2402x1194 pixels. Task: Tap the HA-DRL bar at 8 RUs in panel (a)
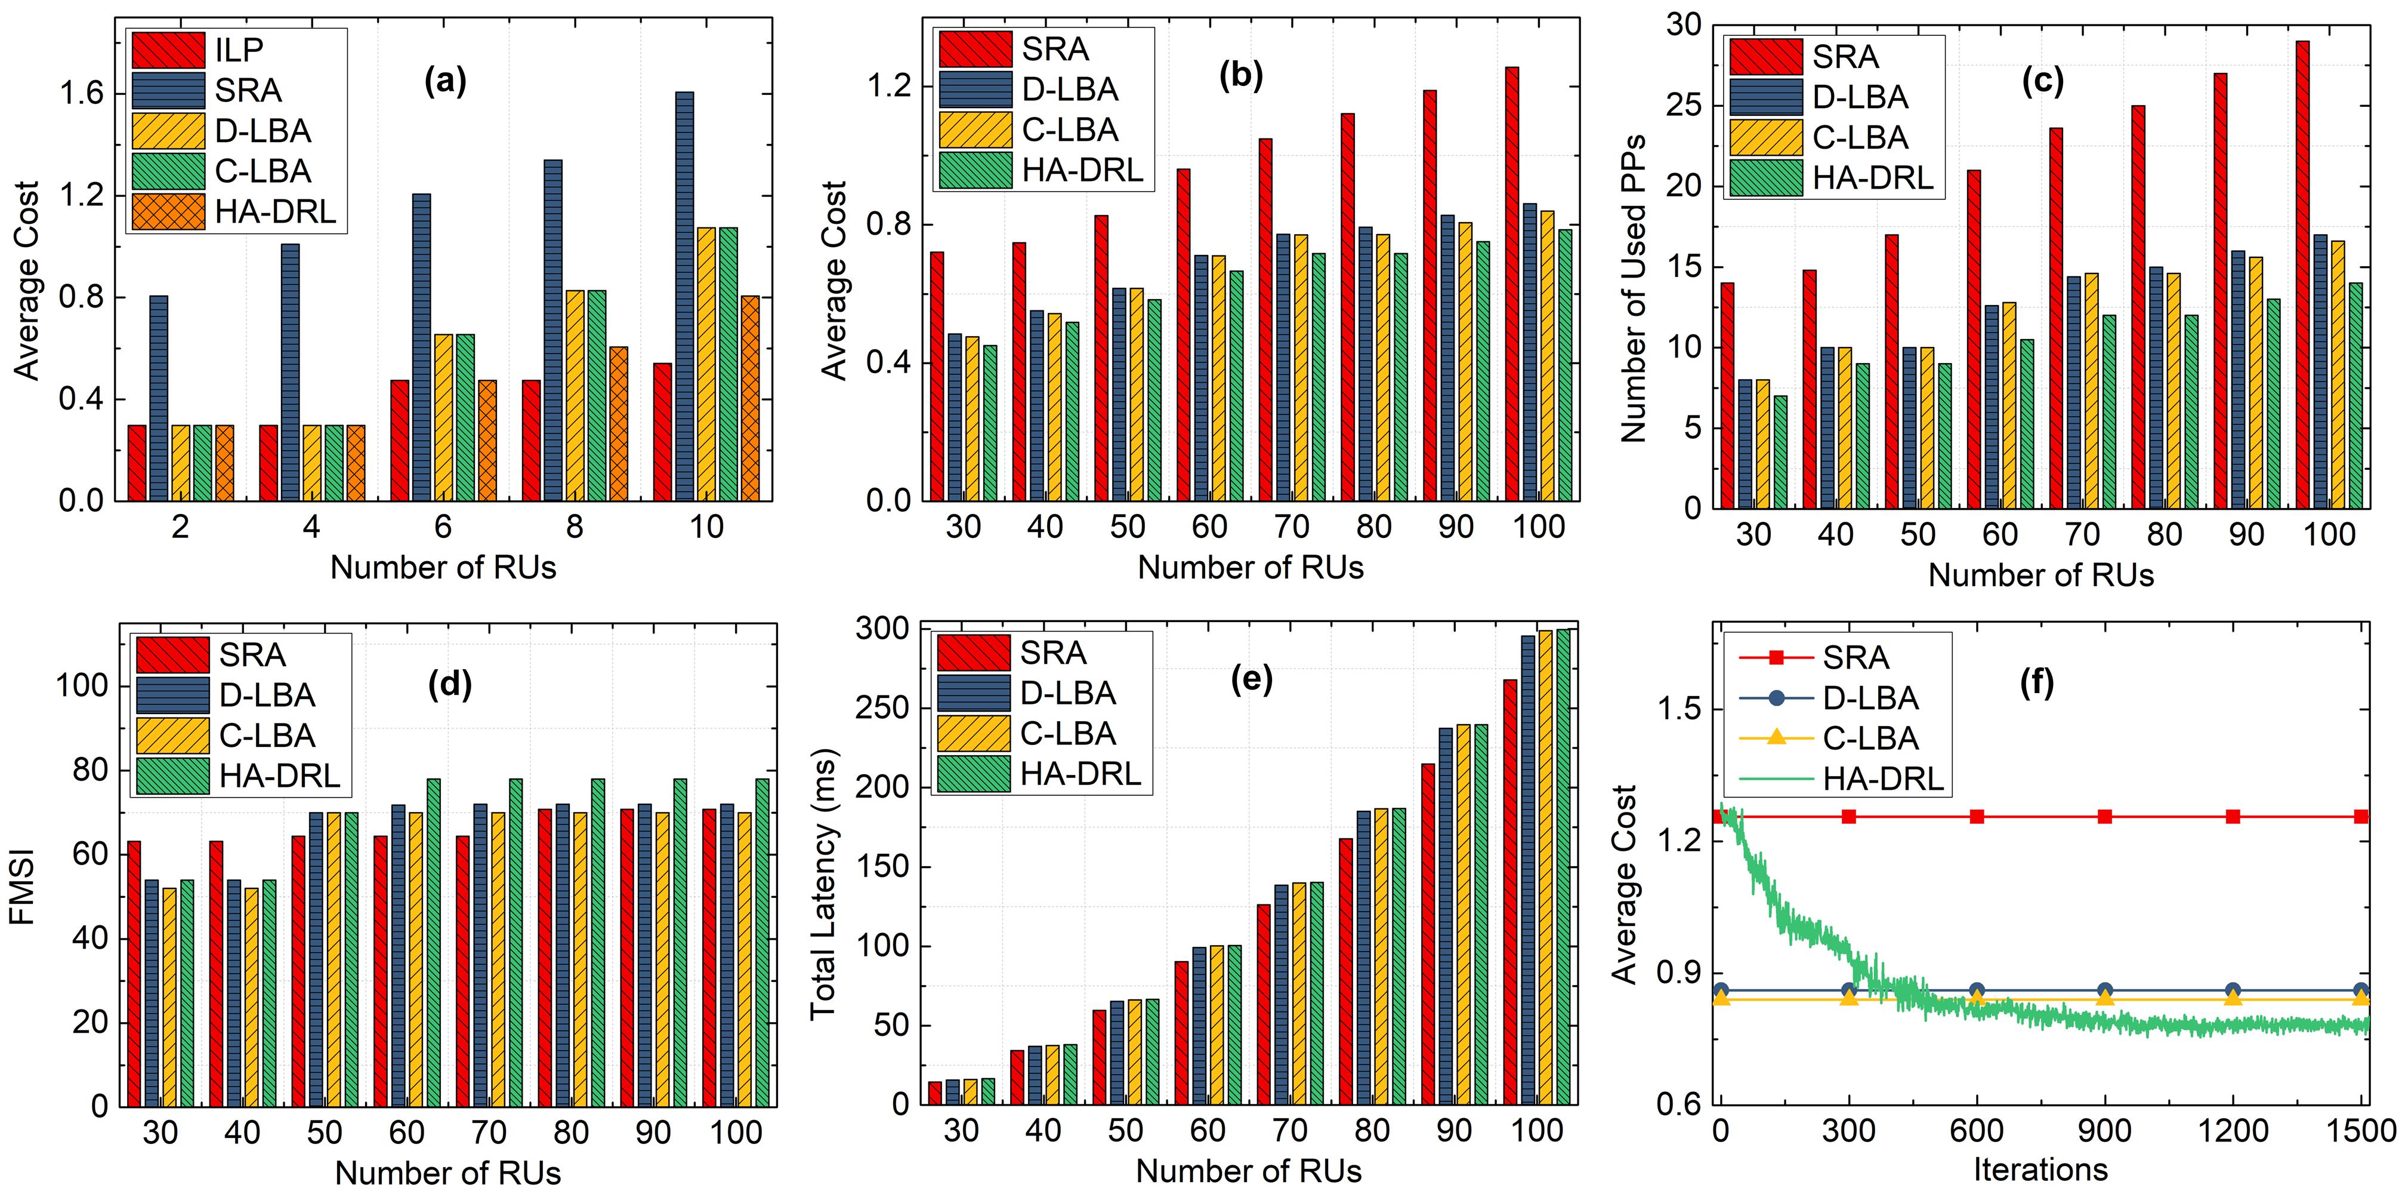[x=618, y=423]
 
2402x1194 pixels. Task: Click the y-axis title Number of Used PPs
[x=1633, y=288]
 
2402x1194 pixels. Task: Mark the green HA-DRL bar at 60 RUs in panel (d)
[x=434, y=942]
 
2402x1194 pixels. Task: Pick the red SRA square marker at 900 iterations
[x=2104, y=816]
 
